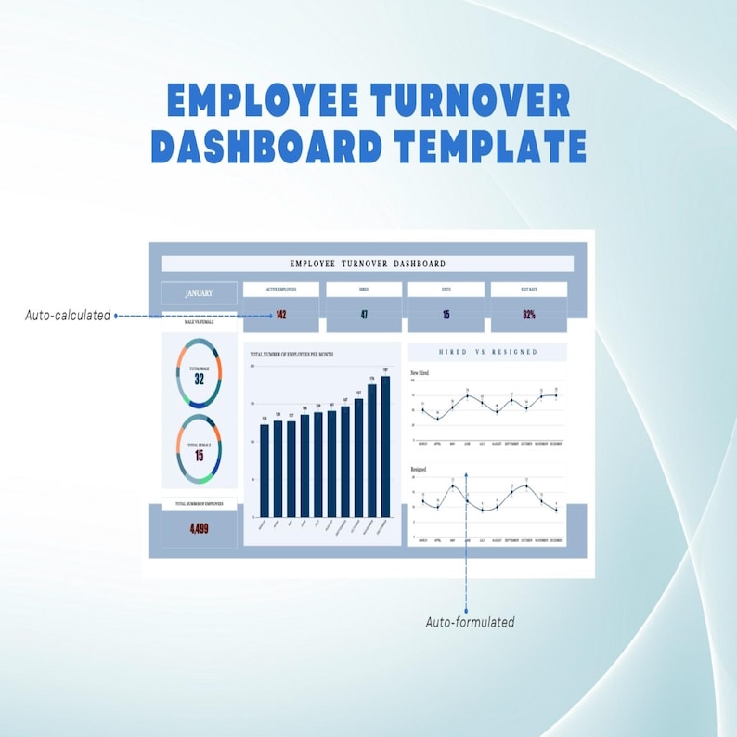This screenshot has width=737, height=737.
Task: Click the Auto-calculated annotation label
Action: click(x=67, y=316)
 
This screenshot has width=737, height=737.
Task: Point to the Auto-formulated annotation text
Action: click(x=470, y=622)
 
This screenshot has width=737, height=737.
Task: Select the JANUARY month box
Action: click(x=199, y=293)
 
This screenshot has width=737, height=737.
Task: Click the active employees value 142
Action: click(x=280, y=315)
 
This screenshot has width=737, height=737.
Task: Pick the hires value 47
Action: click(x=364, y=315)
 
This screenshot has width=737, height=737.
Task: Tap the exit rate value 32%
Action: click(x=528, y=315)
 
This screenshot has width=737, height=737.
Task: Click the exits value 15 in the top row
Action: click(x=446, y=315)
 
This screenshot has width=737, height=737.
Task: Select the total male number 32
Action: click(x=199, y=380)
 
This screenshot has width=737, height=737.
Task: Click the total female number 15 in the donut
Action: click(x=199, y=456)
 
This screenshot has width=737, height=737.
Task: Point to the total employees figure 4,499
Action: click(x=199, y=529)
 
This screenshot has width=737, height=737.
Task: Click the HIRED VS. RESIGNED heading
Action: click(x=487, y=352)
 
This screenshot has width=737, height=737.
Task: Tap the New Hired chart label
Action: click(x=420, y=372)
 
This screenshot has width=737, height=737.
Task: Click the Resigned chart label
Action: click(x=419, y=471)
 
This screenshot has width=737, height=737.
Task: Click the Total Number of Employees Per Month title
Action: click(x=292, y=354)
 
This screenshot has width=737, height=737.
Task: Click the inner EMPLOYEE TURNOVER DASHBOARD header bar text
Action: click(x=367, y=264)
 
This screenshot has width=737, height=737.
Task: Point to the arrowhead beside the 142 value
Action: click(x=271, y=316)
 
